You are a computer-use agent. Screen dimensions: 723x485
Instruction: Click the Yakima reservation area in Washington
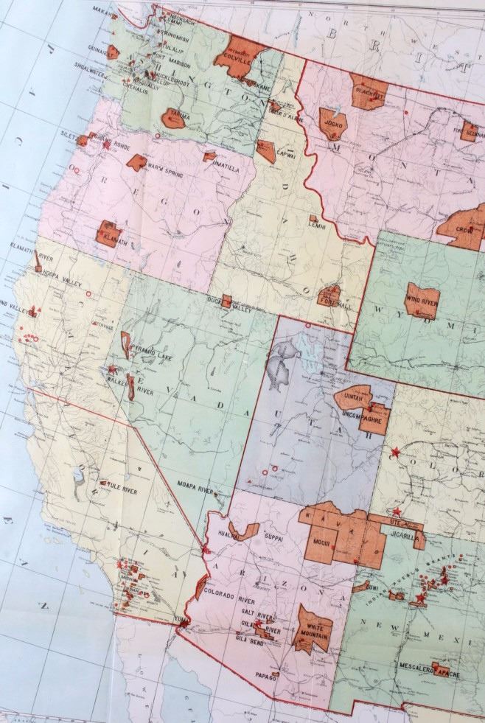(x=175, y=117)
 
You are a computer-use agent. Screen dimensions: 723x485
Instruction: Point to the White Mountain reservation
(x=313, y=630)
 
